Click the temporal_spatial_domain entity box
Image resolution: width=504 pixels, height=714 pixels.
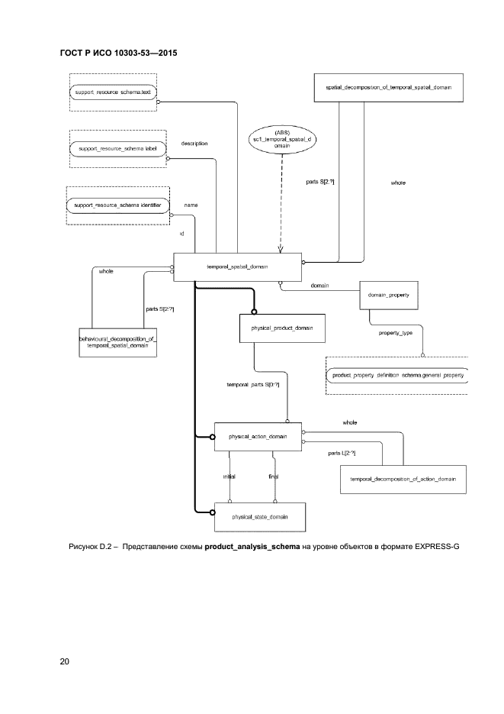pyautogui.click(x=238, y=267)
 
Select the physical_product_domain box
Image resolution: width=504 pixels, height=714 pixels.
pyautogui.click(x=282, y=328)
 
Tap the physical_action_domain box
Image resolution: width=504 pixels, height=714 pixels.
pyautogui.click(x=258, y=437)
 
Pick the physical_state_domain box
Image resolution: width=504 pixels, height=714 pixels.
pyautogui.click(x=260, y=517)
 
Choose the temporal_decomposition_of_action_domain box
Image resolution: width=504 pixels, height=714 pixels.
pyautogui.click(x=403, y=479)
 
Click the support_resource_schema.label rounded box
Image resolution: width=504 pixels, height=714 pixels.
pyautogui.click(x=117, y=149)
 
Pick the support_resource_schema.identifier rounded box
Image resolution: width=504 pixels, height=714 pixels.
pyautogui.click(x=117, y=205)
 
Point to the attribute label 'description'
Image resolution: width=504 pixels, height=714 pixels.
pyautogui.click(x=194, y=143)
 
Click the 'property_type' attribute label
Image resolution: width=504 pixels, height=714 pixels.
pyautogui.click(x=396, y=333)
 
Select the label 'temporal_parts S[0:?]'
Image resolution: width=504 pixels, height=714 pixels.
pyautogui.click(x=252, y=384)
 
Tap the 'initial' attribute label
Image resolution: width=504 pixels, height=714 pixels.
pyautogui.click(x=229, y=477)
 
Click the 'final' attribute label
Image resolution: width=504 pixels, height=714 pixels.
pyautogui.click(x=273, y=477)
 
